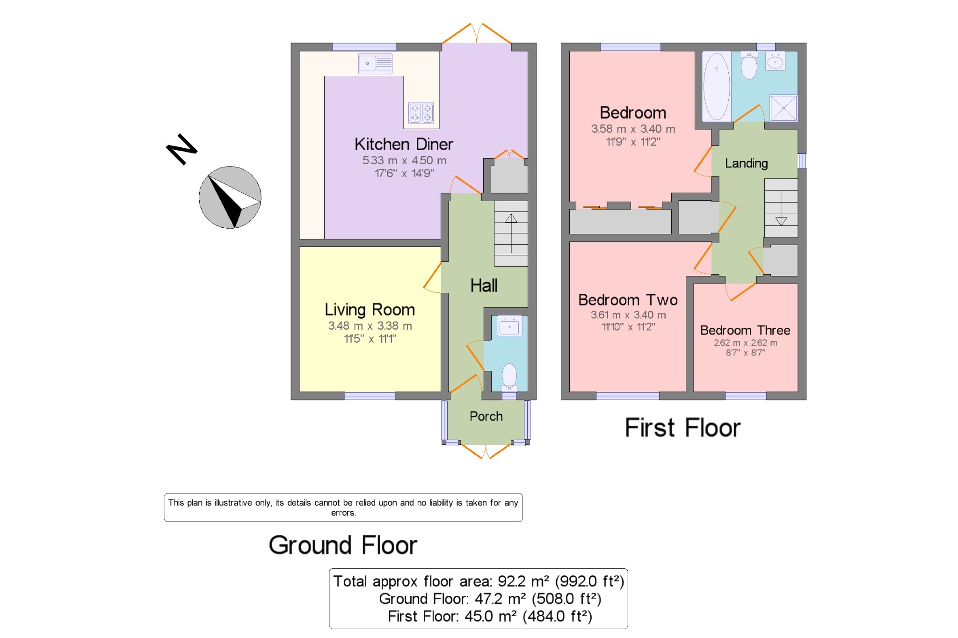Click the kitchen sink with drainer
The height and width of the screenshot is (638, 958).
[375, 64]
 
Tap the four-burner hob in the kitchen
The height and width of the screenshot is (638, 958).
[421, 113]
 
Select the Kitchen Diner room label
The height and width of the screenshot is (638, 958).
[404, 144]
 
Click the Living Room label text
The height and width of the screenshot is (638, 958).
[370, 310]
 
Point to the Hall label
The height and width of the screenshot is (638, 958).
[484, 285]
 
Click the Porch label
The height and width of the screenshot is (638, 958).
[486, 416]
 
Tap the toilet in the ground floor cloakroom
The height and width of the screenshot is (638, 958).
[509, 377]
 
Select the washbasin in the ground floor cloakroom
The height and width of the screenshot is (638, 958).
[509, 326]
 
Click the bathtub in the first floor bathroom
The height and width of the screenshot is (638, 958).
[717, 86]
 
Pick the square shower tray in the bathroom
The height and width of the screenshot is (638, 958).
[784, 108]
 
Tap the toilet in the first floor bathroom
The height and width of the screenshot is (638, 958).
[749, 65]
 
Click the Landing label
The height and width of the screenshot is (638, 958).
[747, 163]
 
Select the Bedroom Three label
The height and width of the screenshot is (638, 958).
[745, 330]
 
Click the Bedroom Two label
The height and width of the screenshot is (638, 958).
[628, 300]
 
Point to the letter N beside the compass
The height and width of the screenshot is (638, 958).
[182, 149]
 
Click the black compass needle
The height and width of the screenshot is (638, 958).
[226, 201]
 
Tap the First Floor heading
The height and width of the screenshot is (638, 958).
[682, 428]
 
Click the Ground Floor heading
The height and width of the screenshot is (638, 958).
[343, 545]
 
